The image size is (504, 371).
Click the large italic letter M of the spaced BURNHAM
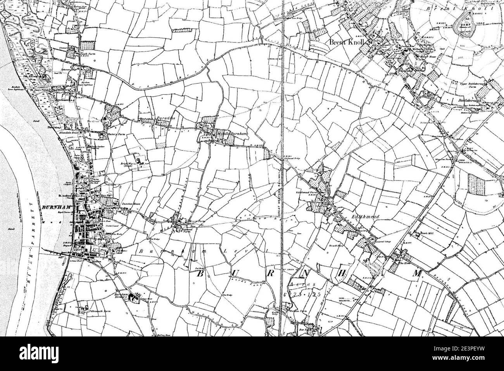pos(417,274)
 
